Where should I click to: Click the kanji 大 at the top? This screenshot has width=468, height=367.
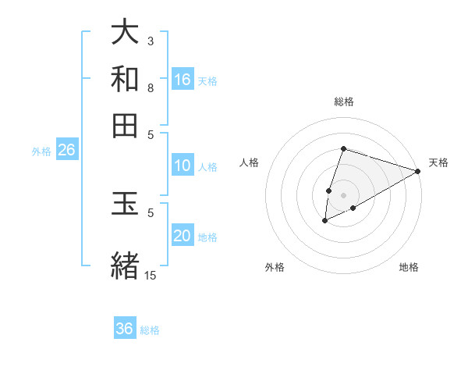(125, 34)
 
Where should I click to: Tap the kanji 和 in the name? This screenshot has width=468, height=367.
(125, 80)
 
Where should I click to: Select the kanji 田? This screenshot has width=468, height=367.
(125, 125)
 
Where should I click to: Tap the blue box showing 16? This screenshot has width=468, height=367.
(183, 80)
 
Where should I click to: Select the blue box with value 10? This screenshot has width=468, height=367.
(183, 166)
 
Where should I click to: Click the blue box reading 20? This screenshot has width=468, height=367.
(183, 236)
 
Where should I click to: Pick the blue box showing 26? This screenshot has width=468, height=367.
(66, 150)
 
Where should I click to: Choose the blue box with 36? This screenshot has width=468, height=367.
(125, 329)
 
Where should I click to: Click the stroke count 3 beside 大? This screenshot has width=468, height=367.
(151, 41)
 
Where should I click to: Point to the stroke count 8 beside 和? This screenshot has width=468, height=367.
(151, 87)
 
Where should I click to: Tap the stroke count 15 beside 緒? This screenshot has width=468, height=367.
(151, 275)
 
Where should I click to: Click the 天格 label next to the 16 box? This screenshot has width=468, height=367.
(207, 81)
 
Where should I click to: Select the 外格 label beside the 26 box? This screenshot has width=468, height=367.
(41, 151)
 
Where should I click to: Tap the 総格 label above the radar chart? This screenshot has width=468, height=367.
(343, 102)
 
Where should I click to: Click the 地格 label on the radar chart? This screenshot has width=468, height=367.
(409, 268)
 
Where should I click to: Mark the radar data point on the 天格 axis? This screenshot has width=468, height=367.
(417, 171)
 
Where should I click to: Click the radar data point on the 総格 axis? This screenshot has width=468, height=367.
(343, 148)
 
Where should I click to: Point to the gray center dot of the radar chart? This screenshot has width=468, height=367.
(343, 194)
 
